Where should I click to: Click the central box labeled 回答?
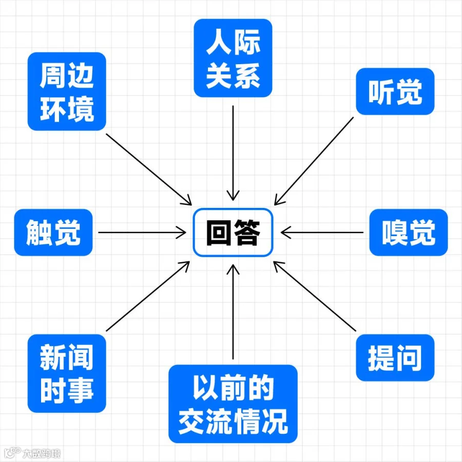233,233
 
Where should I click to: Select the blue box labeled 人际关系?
233,58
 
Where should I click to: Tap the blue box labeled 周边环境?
67,91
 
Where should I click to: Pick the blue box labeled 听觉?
395,91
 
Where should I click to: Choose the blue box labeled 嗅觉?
409,233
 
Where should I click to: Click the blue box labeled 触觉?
53,233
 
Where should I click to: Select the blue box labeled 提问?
395,358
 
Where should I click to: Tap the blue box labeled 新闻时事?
67,373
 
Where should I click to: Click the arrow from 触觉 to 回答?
141,233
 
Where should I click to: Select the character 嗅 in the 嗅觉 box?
395,233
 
